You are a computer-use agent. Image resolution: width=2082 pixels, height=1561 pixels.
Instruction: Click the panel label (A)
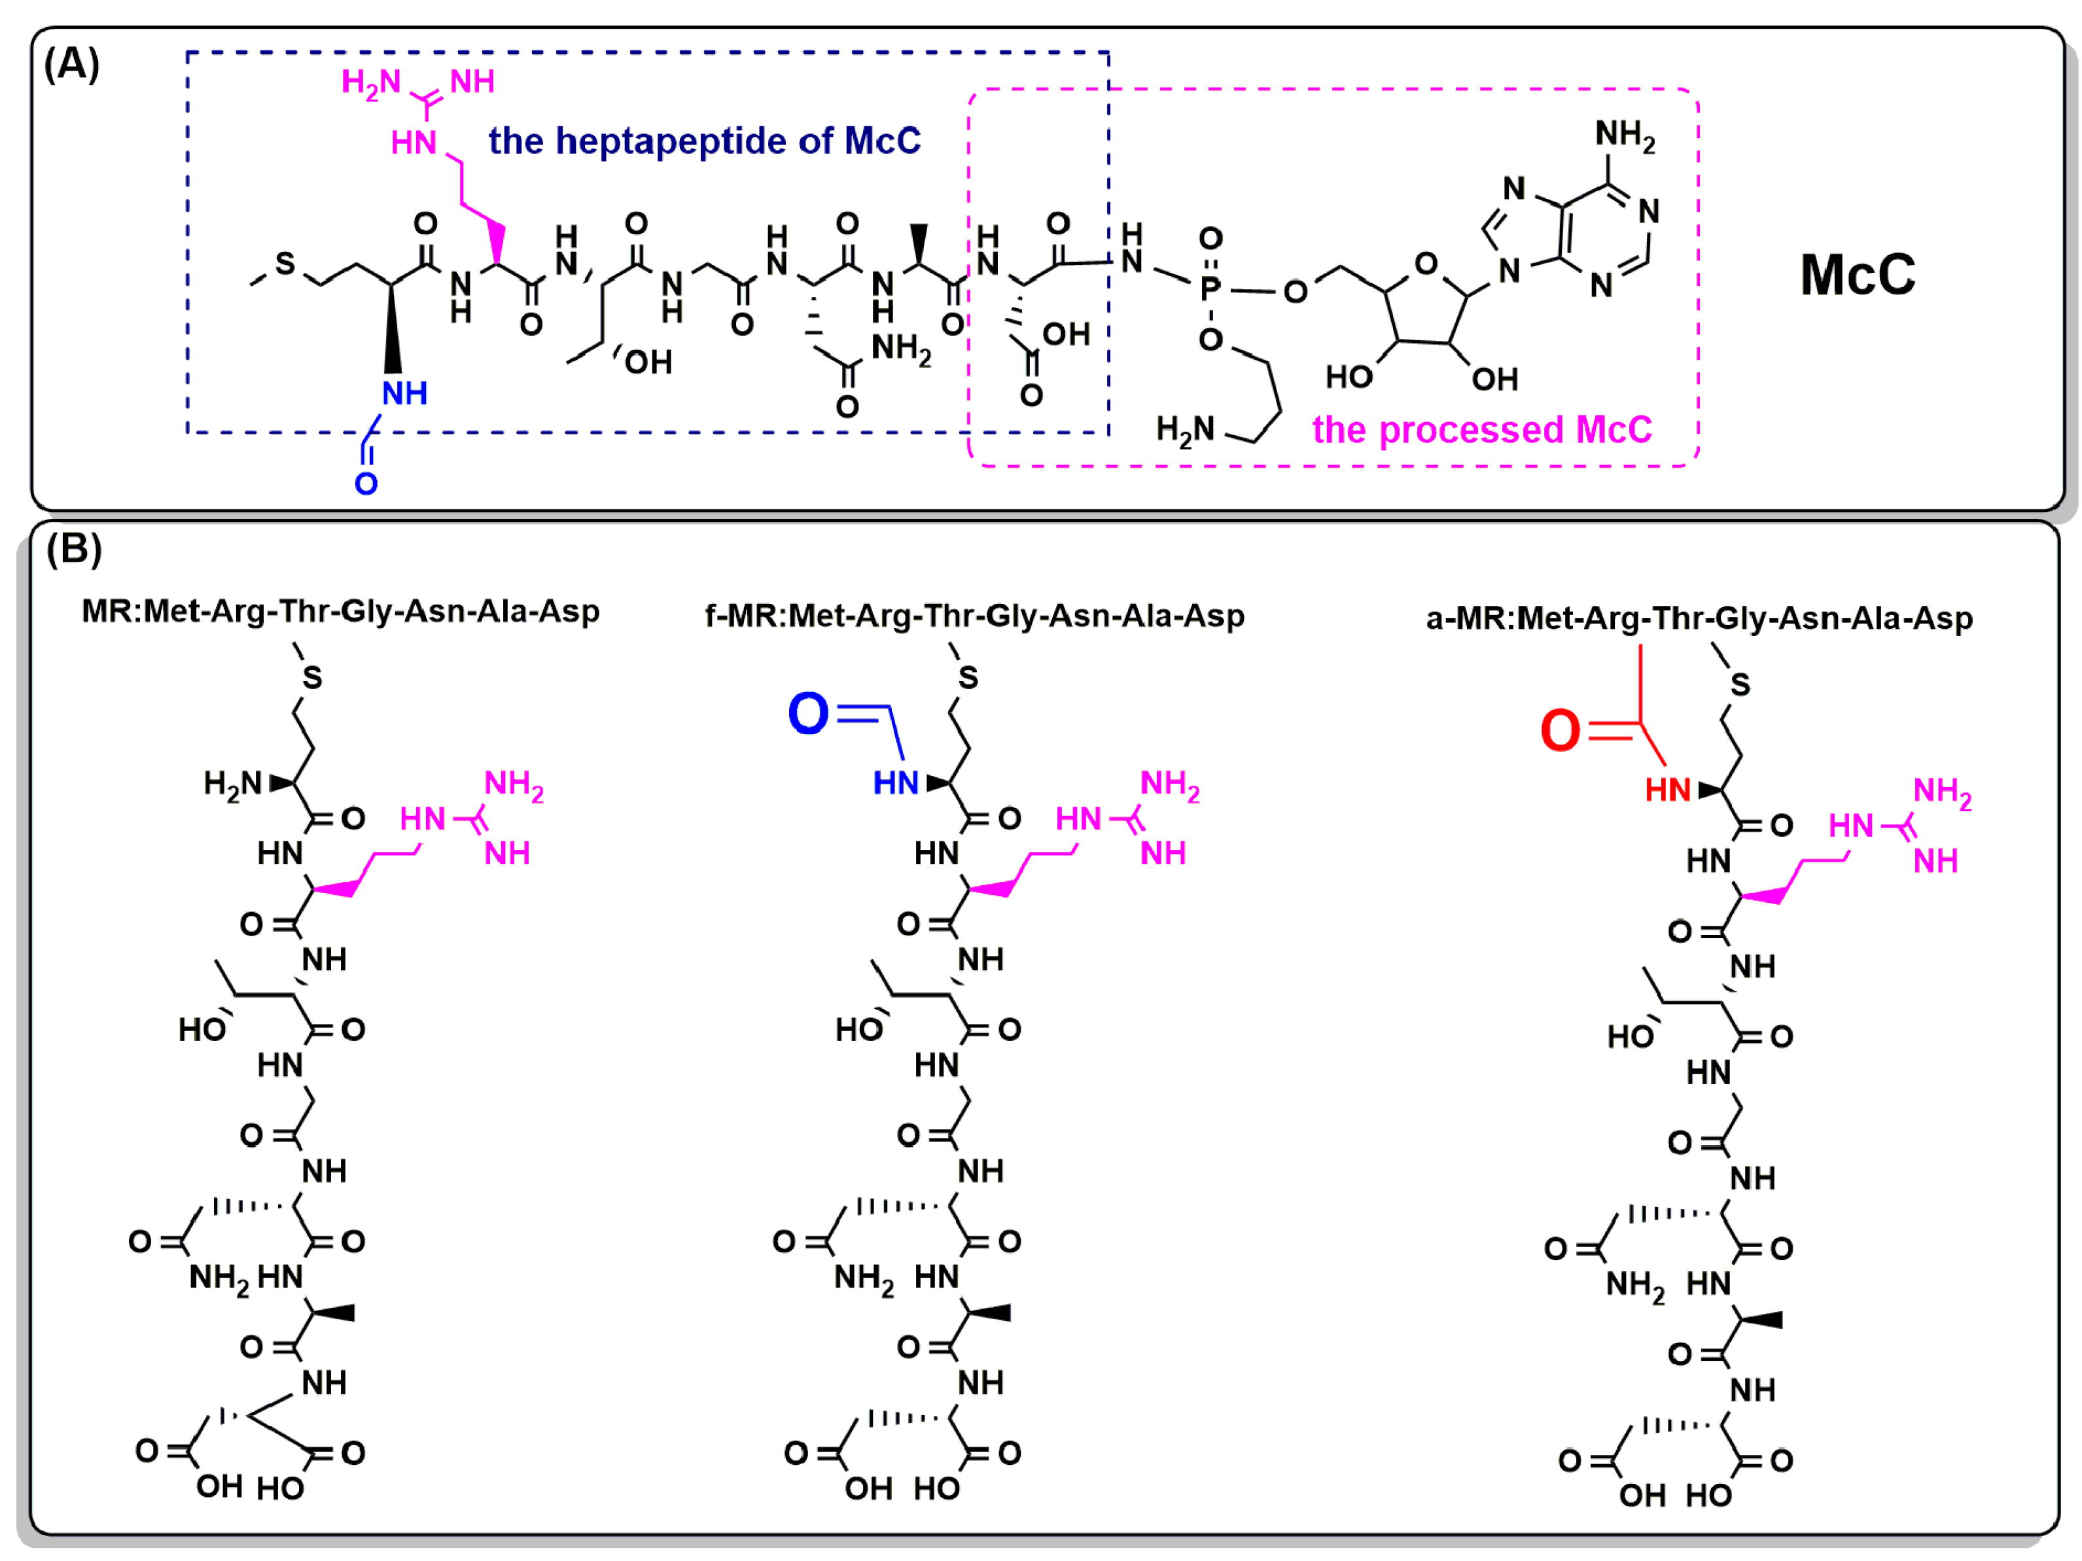tap(71, 65)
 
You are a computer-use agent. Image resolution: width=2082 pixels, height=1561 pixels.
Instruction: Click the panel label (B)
tap(73, 548)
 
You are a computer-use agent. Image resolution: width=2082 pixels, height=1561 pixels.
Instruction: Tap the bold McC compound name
tap(1856, 275)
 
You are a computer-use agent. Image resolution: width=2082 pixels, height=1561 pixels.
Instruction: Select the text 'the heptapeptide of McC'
tap(704, 141)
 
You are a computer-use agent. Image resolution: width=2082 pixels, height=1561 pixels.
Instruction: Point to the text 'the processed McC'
tap(1481, 430)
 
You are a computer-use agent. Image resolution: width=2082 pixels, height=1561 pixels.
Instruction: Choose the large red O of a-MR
tap(1560, 730)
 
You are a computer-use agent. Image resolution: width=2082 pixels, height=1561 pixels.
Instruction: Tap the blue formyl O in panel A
tap(366, 483)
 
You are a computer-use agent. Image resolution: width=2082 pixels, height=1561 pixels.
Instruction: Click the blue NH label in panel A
tap(405, 393)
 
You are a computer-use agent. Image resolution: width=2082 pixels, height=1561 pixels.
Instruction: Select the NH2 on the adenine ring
tap(1625, 135)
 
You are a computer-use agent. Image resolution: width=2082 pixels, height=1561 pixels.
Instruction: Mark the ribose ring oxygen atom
tap(1426, 264)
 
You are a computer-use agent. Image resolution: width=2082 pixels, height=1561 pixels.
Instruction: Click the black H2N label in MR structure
tap(232, 783)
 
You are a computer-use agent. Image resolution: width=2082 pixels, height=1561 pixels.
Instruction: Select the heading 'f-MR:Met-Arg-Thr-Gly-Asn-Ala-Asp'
tap(974, 616)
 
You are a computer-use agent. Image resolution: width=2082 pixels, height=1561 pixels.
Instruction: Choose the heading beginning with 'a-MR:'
tap(1699, 619)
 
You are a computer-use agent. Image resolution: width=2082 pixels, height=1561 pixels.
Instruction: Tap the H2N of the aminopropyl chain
tap(1185, 430)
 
